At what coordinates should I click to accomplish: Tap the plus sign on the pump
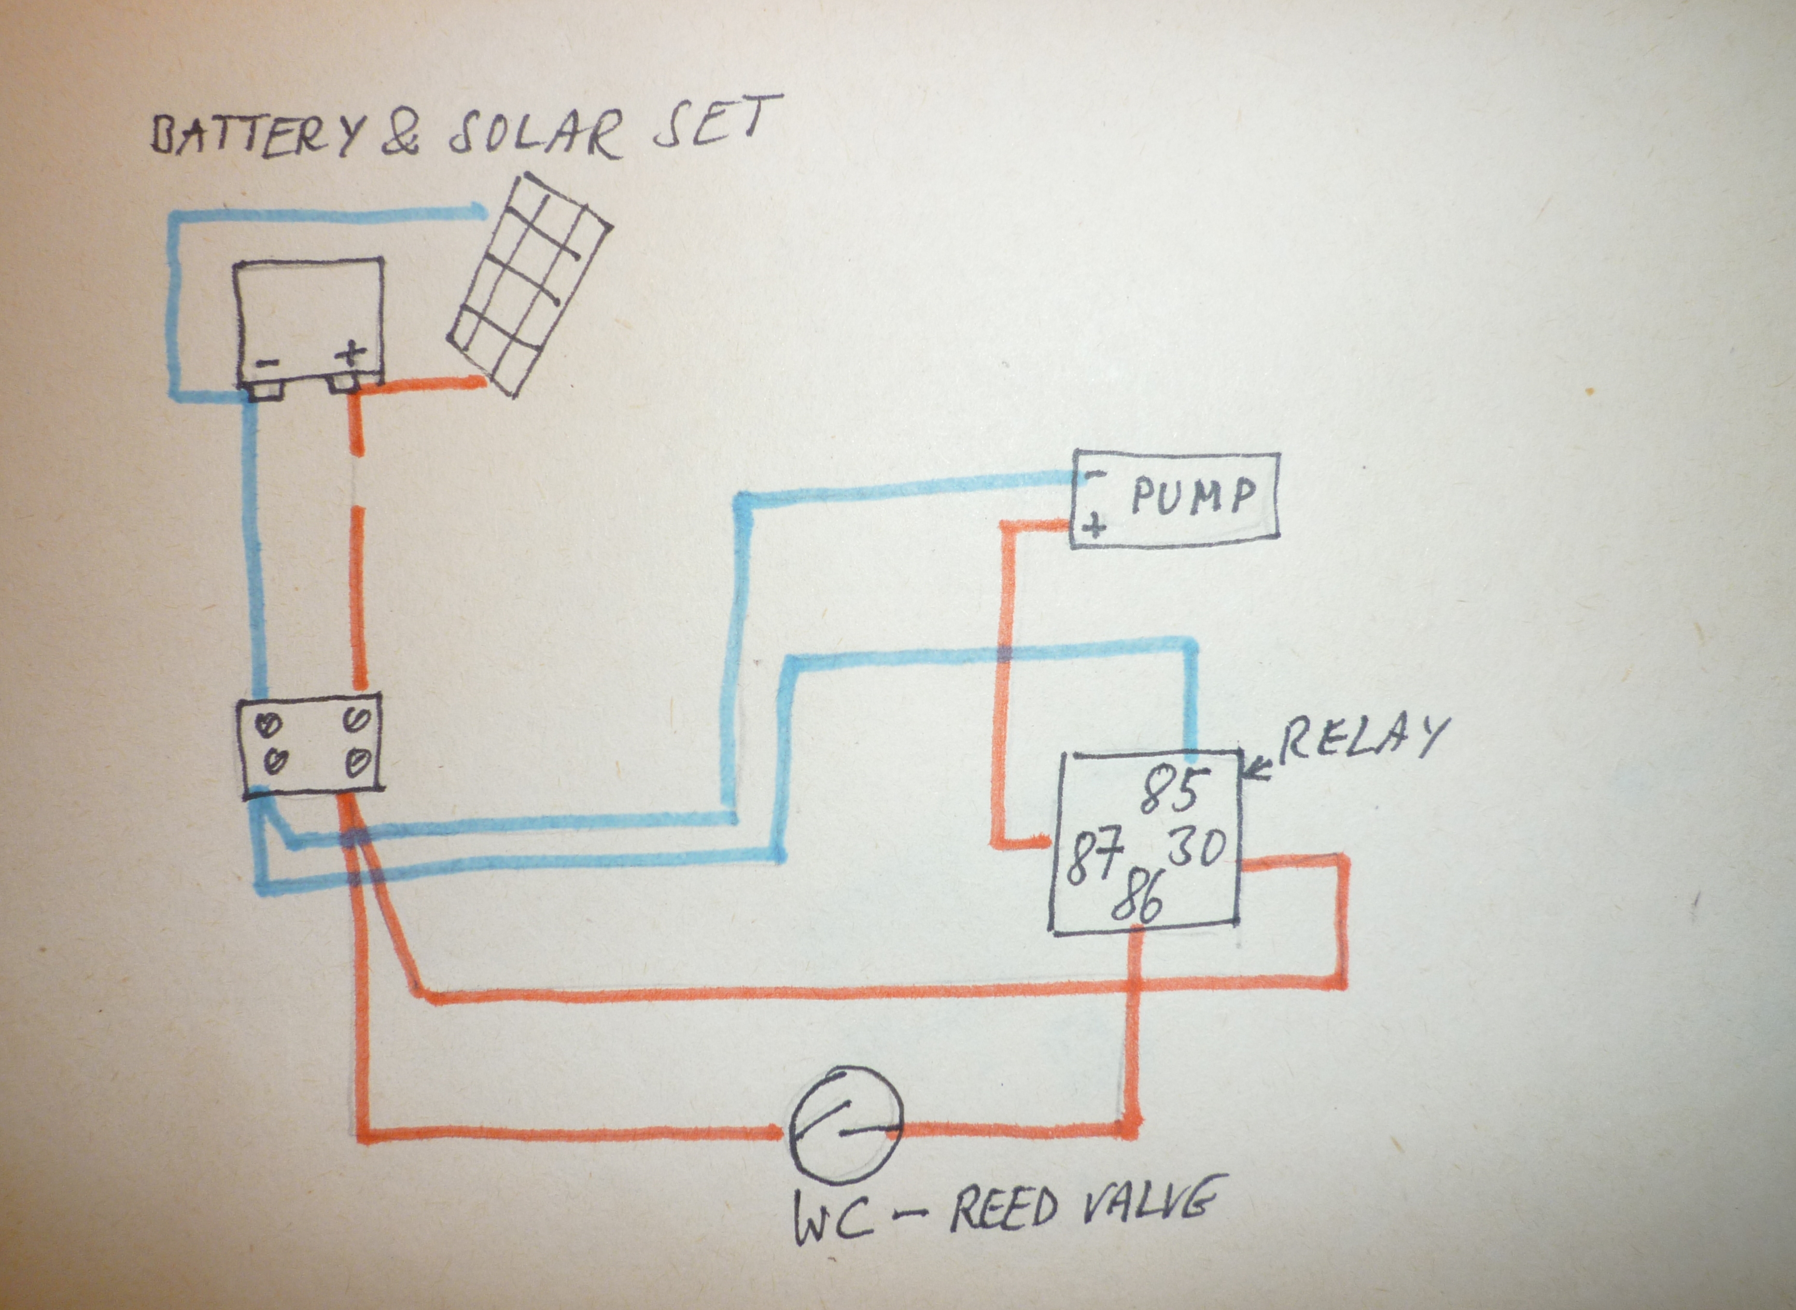tap(1094, 525)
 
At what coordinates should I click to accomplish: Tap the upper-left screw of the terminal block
tap(269, 723)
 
